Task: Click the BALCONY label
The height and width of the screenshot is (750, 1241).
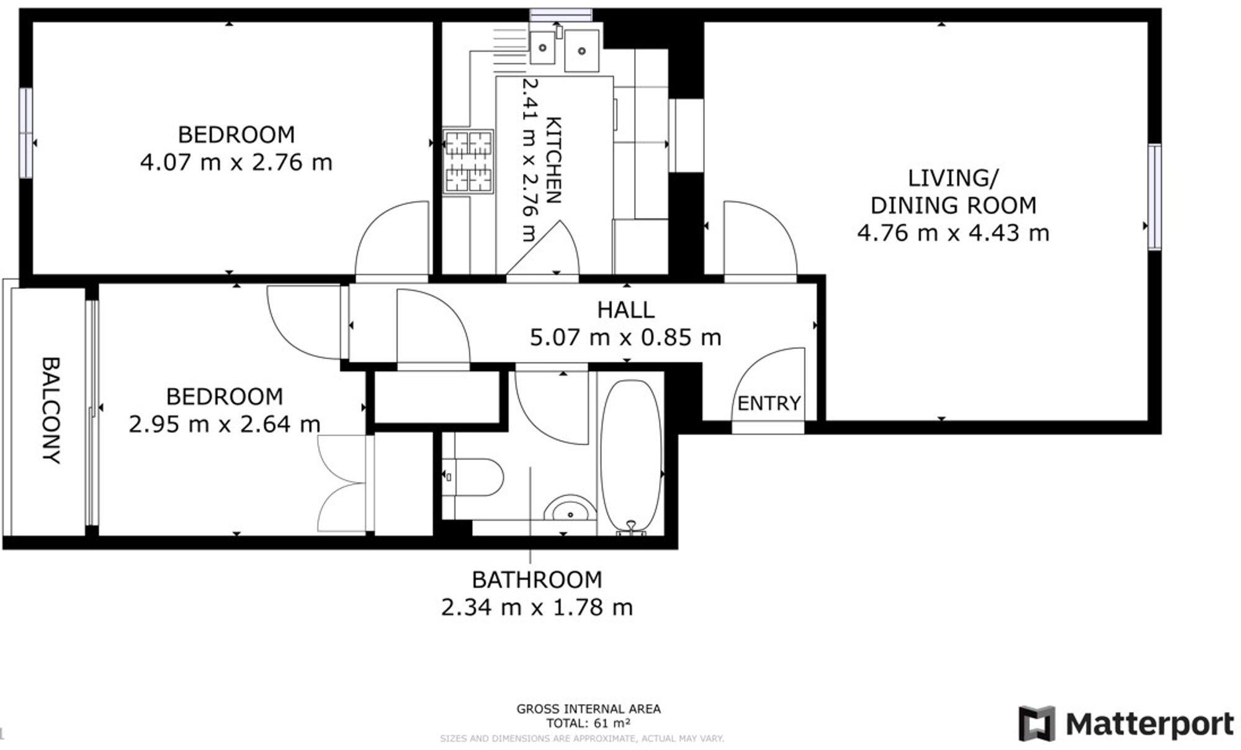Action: (51, 410)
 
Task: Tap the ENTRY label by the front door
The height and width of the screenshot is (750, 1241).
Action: (769, 404)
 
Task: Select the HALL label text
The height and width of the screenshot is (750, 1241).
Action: (625, 310)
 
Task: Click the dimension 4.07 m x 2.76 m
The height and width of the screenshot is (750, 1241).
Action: (236, 163)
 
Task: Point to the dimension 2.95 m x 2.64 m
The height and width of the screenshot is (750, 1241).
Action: (225, 425)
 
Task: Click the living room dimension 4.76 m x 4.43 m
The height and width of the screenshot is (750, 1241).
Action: (953, 233)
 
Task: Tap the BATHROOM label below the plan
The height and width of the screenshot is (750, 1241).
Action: (537, 579)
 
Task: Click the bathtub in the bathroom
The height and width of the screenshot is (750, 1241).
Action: (631, 456)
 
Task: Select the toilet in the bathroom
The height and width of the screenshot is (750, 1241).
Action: (477, 477)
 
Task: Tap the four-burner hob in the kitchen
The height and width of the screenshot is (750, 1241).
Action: (468, 161)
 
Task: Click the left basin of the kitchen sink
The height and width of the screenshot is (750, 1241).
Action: (543, 47)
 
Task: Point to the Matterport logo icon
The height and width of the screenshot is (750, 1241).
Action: (1036, 723)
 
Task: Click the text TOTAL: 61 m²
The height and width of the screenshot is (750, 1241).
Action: (588, 723)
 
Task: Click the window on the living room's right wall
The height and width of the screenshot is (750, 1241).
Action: (1154, 197)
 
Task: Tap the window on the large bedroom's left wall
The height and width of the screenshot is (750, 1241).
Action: (25, 133)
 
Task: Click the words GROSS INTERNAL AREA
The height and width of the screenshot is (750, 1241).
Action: (588, 709)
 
